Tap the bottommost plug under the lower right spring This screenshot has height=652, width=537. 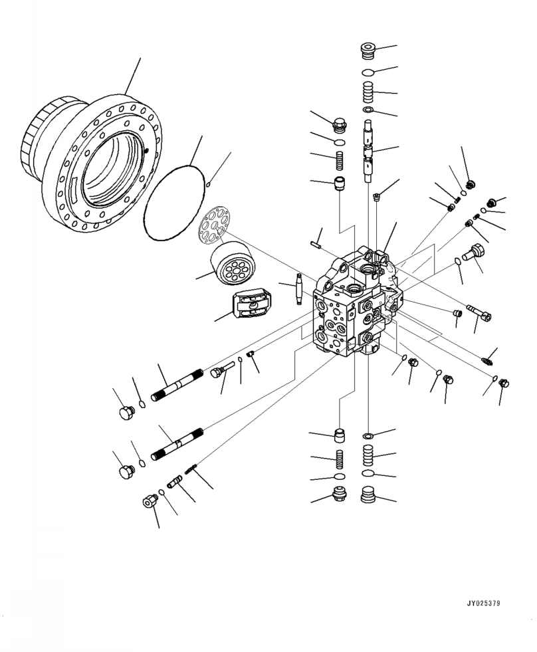tap(369, 496)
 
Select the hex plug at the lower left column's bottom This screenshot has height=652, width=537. tap(339, 495)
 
